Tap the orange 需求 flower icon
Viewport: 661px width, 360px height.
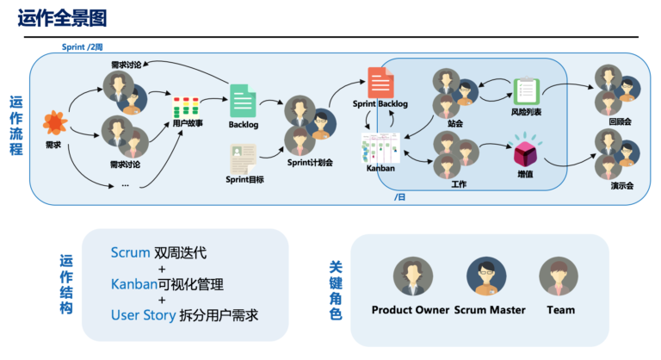(x=54, y=122)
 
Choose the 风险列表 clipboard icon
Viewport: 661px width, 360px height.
(x=525, y=91)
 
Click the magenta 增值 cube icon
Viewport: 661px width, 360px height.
(x=525, y=152)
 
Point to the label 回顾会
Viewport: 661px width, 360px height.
(x=620, y=122)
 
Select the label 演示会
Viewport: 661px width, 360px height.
(x=620, y=185)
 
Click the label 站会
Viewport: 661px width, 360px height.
(x=455, y=123)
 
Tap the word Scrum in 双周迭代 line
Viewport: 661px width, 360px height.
(x=130, y=253)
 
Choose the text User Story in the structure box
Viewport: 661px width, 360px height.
(x=141, y=315)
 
